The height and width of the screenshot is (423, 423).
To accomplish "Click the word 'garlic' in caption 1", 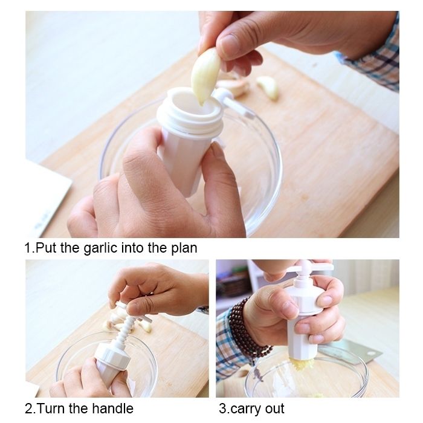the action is [100, 248].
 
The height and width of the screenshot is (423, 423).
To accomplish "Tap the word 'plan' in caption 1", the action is [184, 248].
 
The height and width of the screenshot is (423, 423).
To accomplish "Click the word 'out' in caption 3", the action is [274, 409].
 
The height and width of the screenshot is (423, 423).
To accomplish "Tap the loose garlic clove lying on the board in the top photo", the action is [268, 87].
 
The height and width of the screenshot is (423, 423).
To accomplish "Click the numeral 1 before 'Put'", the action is [28, 248].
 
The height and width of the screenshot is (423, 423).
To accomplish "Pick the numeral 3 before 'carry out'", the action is [223, 409].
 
